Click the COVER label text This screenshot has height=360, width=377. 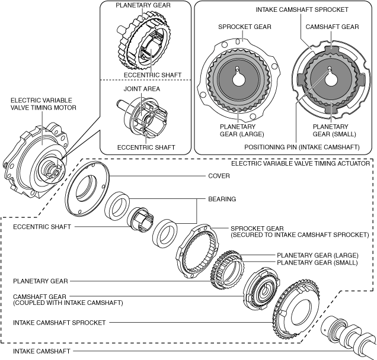coord(219,176)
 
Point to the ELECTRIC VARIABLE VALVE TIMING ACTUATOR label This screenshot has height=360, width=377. coord(301,162)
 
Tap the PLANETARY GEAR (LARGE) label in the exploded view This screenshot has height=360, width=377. coord(308,255)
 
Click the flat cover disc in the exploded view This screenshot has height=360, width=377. coord(89,190)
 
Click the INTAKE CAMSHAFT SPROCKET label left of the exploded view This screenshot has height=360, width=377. coord(59,323)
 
